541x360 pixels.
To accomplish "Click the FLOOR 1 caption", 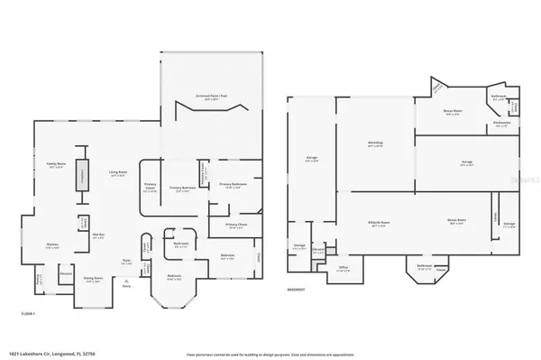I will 28,313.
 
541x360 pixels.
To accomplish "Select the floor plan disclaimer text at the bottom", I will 270,353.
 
